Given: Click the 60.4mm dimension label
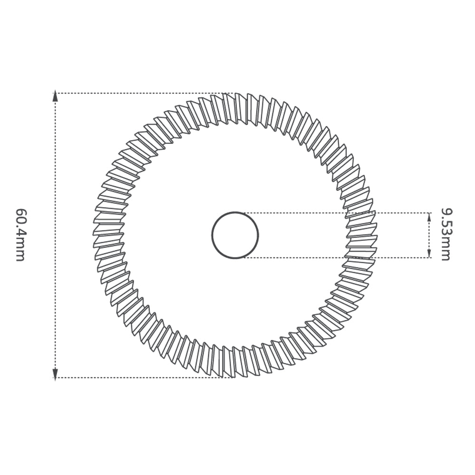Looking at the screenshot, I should (20, 235).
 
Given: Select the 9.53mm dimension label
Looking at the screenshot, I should (446, 234).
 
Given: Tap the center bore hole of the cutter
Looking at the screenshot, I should (235, 235).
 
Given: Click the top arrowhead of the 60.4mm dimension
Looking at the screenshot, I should (55, 96).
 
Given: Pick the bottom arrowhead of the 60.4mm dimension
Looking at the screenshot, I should (55, 374).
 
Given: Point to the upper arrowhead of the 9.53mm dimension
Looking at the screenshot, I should (429, 217).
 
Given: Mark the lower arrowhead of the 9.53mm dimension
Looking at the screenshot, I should (429, 253).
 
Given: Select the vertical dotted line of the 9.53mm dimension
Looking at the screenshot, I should (429, 235).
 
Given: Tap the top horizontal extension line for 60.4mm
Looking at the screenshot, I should (142, 93).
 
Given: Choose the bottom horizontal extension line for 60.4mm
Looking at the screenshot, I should (142, 378).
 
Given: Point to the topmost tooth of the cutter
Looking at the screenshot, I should (235, 102).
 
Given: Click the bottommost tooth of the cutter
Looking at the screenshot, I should (229, 368).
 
